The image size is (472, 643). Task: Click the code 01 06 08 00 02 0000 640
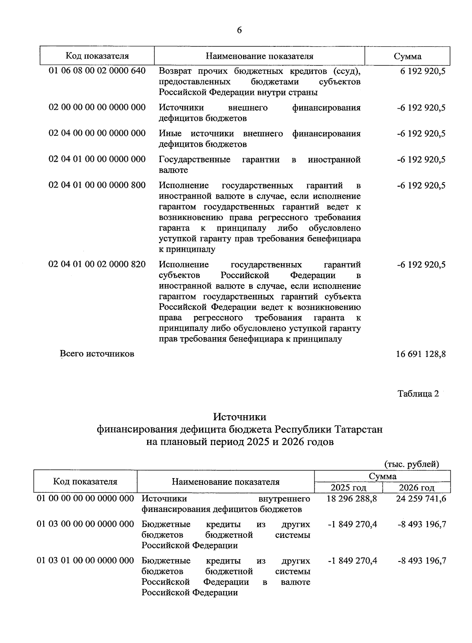tap(97, 71)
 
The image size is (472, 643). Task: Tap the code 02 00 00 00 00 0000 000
tap(97, 107)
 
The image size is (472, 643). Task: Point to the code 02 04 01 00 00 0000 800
tap(97, 185)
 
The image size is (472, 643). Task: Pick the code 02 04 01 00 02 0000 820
tap(97, 264)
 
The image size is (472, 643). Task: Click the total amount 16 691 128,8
tap(420, 354)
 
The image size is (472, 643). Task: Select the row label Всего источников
tap(97, 354)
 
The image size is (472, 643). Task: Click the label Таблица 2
tap(418, 394)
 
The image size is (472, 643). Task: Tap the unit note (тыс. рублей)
tap(411, 464)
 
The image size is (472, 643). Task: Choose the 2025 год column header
tap(348, 488)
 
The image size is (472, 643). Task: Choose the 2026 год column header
tap(417, 488)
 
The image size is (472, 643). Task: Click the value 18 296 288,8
tap(352, 499)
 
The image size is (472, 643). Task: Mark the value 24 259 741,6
tap(421, 499)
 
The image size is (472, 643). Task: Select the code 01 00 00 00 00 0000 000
tap(85, 499)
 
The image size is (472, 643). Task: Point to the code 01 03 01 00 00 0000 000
tap(85, 560)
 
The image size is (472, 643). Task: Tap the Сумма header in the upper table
tap(407, 56)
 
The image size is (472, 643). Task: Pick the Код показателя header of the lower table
tap(85, 481)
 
